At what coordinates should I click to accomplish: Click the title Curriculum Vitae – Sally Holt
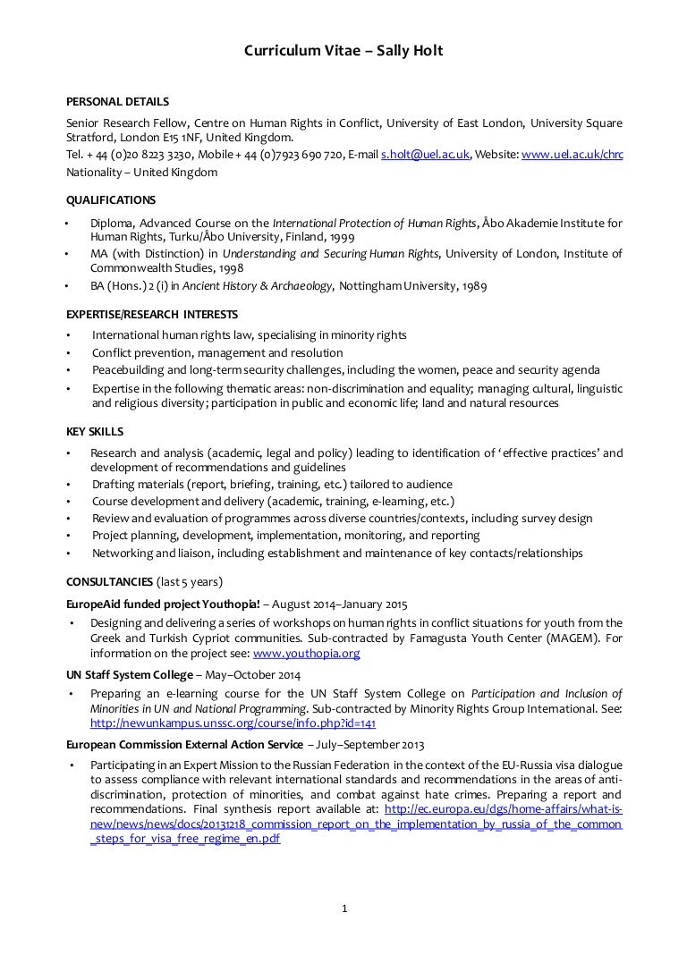point(343,52)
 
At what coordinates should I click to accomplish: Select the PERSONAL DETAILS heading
point(118,102)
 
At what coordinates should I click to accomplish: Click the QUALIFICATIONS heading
point(111,200)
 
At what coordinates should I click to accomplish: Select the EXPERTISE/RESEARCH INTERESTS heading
point(152,315)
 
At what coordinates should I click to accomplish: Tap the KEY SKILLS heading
point(95,431)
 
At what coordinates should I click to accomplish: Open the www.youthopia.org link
point(321,654)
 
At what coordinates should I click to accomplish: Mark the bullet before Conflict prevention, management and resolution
point(69,352)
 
